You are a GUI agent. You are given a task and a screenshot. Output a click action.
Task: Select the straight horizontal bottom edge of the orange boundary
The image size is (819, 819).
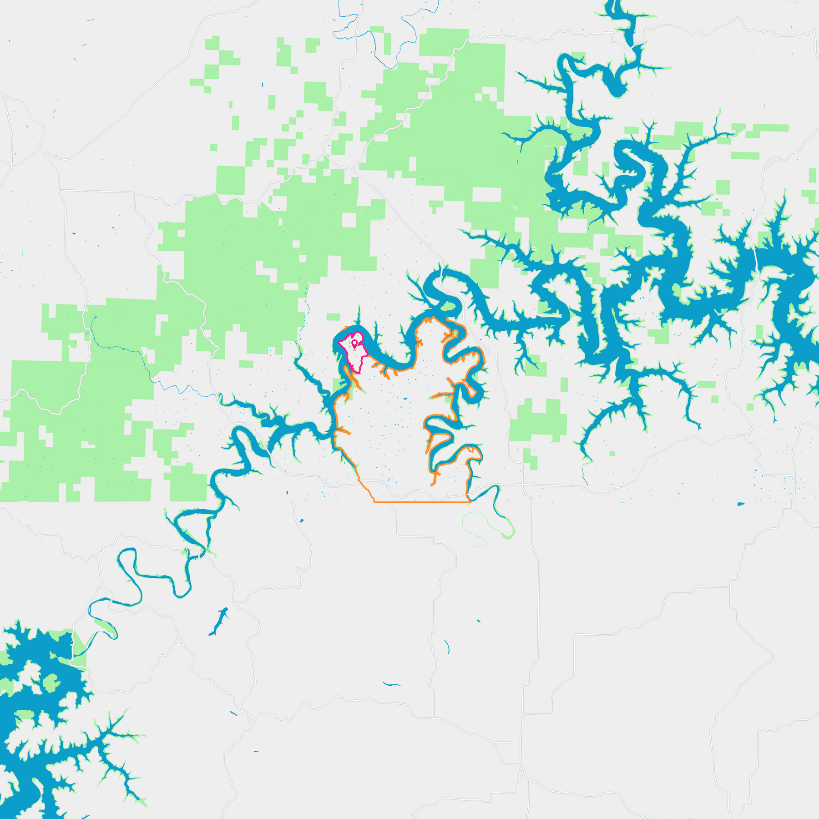[x=421, y=502]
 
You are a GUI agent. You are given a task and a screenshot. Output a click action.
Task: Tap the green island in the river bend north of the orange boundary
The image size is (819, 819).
[x=448, y=307]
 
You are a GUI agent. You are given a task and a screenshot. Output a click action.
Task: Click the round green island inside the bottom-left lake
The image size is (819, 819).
[x=50, y=682]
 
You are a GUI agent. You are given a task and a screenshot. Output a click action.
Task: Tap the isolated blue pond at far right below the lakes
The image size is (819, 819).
[x=741, y=504]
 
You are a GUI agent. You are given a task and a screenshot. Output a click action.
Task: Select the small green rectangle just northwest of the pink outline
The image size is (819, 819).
[x=333, y=317]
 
